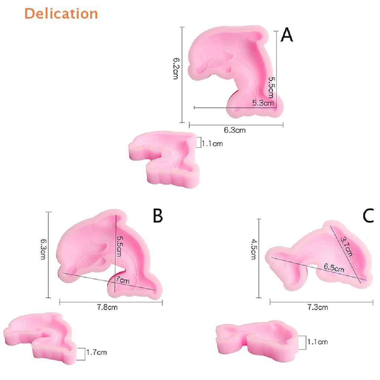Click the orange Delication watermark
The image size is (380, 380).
coord(61,13)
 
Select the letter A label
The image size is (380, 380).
coord(287,35)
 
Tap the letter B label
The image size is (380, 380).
coord(158,216)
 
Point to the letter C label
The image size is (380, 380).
coord(368,216)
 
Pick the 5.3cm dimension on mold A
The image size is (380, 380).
coord(263,103)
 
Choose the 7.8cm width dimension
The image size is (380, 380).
coord(107,307)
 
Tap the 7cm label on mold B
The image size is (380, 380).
coord(123,281)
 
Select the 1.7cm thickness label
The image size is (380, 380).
coord(96,352)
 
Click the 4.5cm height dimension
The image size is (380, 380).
coord(253,249)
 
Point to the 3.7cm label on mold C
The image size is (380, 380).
coord(348,246)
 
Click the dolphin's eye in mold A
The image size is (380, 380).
coord(203,58)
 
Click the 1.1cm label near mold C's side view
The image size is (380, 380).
coord(317,342)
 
